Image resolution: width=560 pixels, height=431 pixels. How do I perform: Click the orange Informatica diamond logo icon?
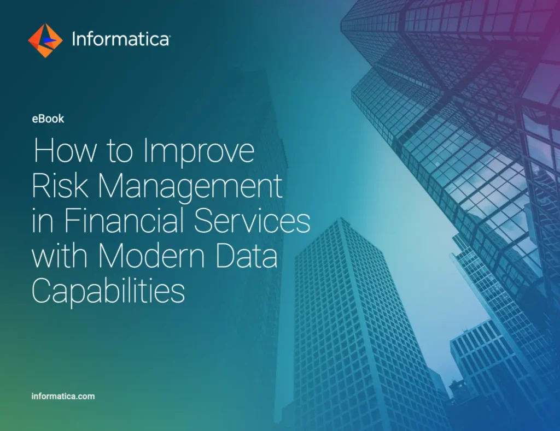pyautogui.click(x=45, y=40)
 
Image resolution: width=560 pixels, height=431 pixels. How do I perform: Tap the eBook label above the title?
pyautogui.click(x=48, y=118)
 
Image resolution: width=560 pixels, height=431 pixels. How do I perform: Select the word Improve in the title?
pyautogui.click(x=199, y=151)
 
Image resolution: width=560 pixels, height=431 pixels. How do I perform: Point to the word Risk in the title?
pyautogui.click(x=57, y=186)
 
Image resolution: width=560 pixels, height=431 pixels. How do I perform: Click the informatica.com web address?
pyautogui.click(x=63, y=396)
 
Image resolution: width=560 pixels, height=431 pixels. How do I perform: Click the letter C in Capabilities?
pyautogui.click(x=44, y=292)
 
